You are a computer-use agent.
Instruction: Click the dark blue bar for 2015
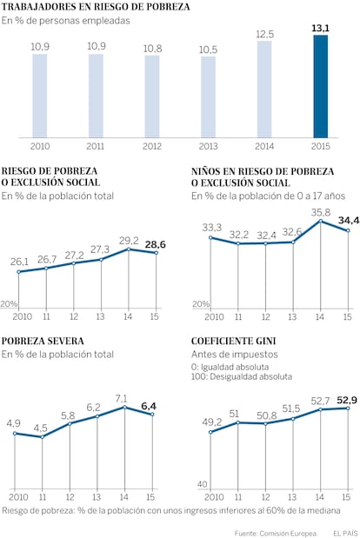pyautogui.click(x=320, y=86)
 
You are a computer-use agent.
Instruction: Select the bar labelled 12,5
pyautogui.click(x=264, y=90)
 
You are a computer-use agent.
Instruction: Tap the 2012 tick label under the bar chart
pyautogui.click(x=151, y=146)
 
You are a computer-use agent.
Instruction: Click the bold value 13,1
pyautogui.click(x=320, y=28)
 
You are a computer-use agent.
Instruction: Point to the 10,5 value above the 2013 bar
pyautogui.click(x=208, y=50)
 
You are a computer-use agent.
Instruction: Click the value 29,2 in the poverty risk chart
pyautogui.click(x=129, y=241)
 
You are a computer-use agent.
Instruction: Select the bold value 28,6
pyautogui.click(x=155, y=244)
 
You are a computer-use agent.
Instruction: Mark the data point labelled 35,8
pyautogui.click(x=320, y=221)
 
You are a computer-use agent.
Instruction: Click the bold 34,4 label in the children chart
pyautogui.click(x=349, y=220)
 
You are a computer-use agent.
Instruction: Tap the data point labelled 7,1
pyautogui.click(x=124, y=407)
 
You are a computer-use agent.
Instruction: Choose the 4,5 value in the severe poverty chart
pyautogui.click(x=41, y=428)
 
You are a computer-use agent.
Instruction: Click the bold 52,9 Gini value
pyautogui.click(x=347, y=400)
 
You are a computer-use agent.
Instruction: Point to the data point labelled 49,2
pyautogui.click(x=210, y=432)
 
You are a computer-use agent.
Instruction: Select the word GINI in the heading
pyautogui.click(x=265, y=341)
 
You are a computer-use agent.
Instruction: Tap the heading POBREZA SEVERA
pyautogui.click(x=43, y=341)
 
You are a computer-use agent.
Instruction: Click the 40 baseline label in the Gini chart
pyautogui.click(x=203, y=484)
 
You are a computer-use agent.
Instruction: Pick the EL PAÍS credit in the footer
pyautogui.click(x=345, y=533)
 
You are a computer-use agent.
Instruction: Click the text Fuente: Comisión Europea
pyautogui.click(x=276, y=534)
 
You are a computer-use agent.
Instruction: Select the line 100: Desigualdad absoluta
pyautogui.click(x=242, y=376)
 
